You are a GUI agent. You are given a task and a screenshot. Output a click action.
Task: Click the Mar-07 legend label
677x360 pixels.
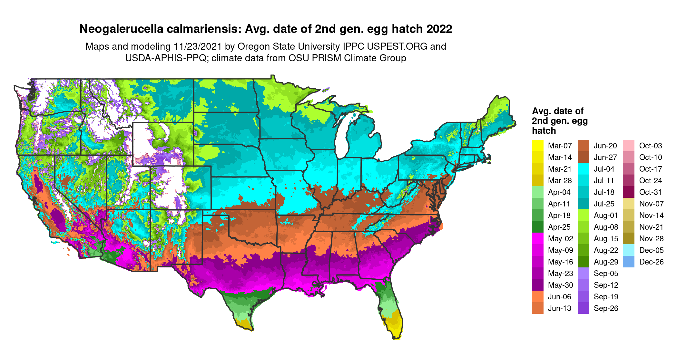tap(560, 146)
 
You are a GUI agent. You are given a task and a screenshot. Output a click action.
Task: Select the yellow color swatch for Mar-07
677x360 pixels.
tap(537, 146)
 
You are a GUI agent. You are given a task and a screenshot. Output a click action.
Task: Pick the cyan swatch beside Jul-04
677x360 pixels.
tap(583, 169)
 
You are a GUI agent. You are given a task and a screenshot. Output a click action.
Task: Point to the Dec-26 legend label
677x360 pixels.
tap(651, 262)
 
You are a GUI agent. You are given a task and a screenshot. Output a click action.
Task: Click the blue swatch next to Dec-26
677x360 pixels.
tap(629, 262)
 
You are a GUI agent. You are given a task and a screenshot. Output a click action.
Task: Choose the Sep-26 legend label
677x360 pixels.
tap(606, 308)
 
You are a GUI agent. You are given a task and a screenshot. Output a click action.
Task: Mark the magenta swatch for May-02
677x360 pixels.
tap(537, 239)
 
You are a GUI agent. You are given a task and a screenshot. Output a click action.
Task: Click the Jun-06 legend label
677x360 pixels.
tap(559, 297)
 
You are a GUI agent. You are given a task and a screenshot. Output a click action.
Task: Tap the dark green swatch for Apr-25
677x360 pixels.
tap(537, 227)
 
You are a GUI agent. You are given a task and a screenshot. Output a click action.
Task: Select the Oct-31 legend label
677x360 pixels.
tap(650, 192)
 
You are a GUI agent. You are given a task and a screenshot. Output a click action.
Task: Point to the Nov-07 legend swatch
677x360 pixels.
tap(629, 204)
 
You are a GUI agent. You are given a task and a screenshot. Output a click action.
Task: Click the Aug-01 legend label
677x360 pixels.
tap(606, 215)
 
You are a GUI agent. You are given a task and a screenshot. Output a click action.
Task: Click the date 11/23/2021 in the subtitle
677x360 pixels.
tap(198, 47)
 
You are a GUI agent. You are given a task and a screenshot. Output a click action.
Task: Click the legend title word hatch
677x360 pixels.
tap(544, 131)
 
